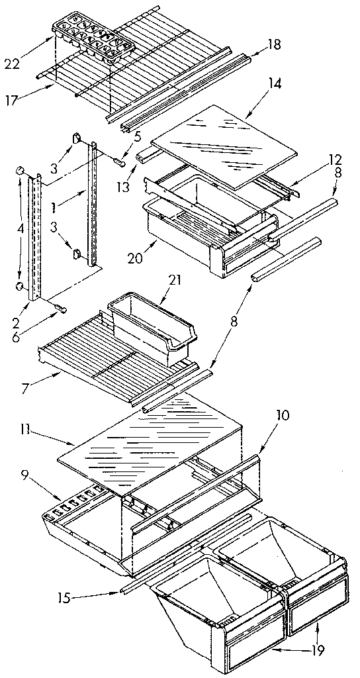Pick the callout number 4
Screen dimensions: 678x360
(x=20, y=229)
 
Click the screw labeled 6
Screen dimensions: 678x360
(x=60, y=308)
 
